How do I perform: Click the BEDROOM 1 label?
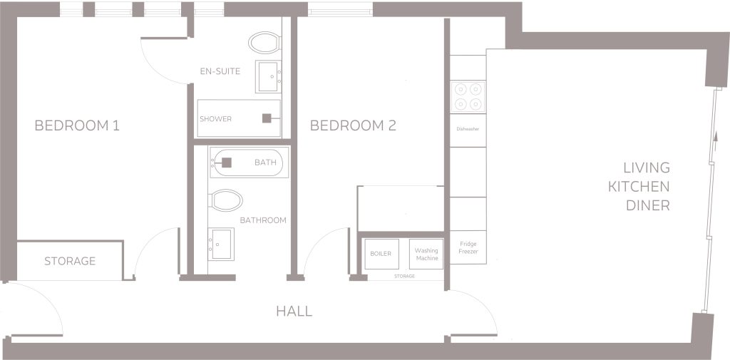click(x=77, y=125)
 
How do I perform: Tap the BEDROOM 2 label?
click(x=353, y=125)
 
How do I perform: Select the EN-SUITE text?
click(x=220, y=71)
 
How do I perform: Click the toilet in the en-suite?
click(x=264, y=43)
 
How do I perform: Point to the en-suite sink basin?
click(x=269, y=76)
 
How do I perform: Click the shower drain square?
click(x=267, y=118)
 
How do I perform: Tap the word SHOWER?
click(x=215, y=119)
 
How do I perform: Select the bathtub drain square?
click(x=227, y=163)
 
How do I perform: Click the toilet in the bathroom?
click(x=226, y=200)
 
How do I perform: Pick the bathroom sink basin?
click(x=221, y=244)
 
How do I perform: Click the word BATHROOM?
click(x=263, y=220)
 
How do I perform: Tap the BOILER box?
click(x=382, y=254)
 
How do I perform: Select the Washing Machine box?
click(x=426, y=254)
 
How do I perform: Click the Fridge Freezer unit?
click(x=468, y=247)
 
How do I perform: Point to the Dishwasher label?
click(x=468, y=129)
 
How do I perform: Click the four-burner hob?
click(x=468, y=96)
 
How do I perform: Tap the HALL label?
click(x=294, y=312)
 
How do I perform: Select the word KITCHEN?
click(x=639, y=187)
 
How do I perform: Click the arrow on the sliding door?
click(x=712, y=139)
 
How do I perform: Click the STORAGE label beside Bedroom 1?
click(x=70, y=262)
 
